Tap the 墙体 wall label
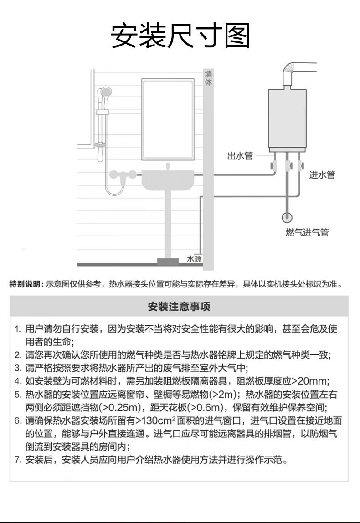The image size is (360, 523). pyautogui.click(x=208, y=78)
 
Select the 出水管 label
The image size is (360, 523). pyautogui.click(x=239, y=156)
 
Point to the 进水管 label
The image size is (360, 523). pyautogui.click(x=322, y=174)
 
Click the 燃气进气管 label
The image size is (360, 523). pyautogui.click(x=307, y=232)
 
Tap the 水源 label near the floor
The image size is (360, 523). pyautogui.click(x=194, y=259)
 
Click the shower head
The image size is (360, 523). pyautogui.click(x=106, y=93)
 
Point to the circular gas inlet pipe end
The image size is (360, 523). pyautogui.click(x=287, y=218)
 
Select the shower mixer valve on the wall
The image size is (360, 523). pyautogui.click(x=123, y=174)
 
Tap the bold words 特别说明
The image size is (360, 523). pyautogui.click(x=26, y=284)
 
